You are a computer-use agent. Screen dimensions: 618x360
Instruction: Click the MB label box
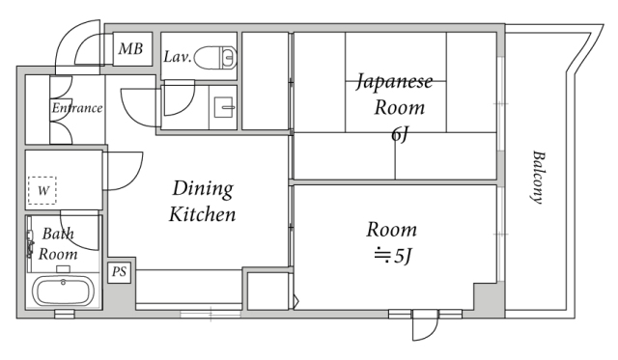132,49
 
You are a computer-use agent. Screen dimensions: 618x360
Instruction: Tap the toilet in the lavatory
215,58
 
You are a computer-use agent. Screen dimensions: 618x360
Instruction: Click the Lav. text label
178,57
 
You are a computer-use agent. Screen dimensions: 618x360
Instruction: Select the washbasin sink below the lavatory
224,107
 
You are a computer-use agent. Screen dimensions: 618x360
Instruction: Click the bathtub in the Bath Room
64,291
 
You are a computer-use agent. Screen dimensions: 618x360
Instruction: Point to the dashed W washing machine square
42,191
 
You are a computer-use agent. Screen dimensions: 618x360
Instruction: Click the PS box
119,272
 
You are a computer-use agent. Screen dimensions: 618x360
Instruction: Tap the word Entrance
77,108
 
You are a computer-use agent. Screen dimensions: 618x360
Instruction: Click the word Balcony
538,177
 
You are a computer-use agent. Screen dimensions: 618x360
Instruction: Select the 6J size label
399,135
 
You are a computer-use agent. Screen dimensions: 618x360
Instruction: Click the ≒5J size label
393,257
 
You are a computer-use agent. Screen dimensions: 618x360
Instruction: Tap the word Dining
203,188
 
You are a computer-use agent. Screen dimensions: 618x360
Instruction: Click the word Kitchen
202,214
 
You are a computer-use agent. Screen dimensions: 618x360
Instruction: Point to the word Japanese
395,82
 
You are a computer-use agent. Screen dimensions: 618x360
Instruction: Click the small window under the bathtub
65,314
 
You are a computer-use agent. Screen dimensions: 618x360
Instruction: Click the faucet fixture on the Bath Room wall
29,244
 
